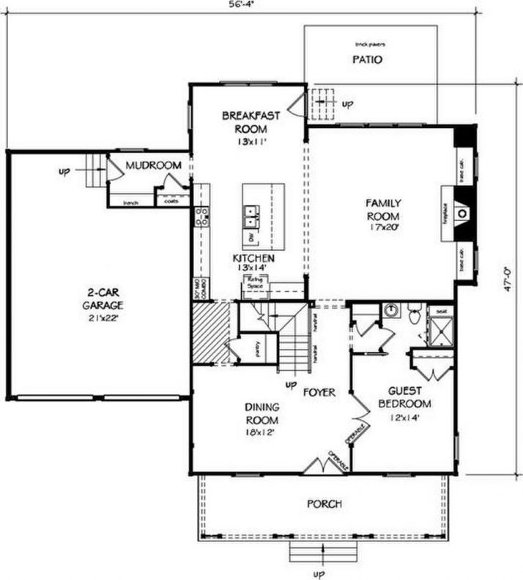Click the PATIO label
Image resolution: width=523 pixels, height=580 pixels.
367,60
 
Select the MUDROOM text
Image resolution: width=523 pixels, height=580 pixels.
152,166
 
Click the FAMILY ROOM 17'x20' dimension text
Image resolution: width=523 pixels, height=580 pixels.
382,228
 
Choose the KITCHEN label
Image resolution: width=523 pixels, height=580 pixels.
253,259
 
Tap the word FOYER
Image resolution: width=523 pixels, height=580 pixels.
319,393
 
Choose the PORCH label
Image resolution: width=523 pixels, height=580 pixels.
324,504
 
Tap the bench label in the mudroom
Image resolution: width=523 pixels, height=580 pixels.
130,202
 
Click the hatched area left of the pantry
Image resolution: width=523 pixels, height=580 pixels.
208,334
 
